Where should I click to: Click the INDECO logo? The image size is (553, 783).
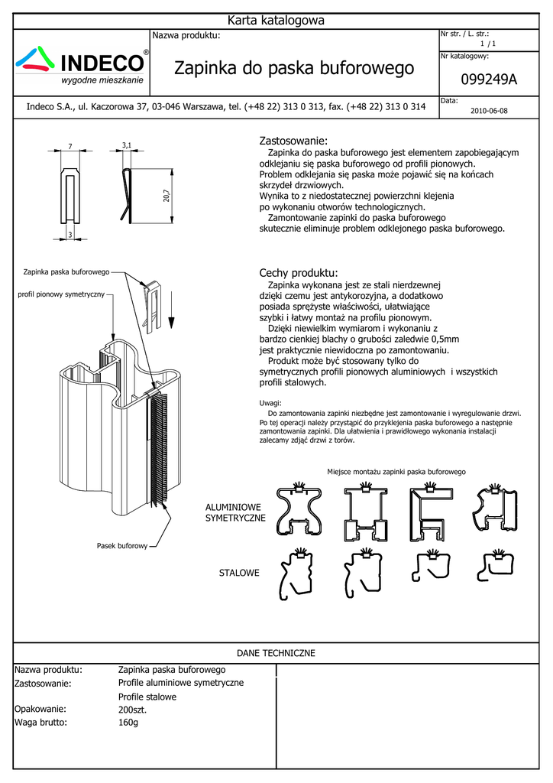pos(83,65)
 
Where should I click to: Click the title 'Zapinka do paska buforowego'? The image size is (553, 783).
pos(294,69)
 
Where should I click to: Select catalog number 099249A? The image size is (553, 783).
pos(489,80)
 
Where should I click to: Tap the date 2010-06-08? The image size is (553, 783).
pos(489,111)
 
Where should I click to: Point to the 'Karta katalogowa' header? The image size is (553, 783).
pos(276,21)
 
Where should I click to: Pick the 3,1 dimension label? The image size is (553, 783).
pos(127,145)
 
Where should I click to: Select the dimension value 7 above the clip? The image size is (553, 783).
pos(70,146)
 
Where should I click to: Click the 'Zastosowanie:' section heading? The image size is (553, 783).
pos(293,141)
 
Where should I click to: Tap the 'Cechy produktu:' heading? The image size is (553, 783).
pos(298,273)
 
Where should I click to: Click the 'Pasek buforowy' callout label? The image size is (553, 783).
pos(121,546)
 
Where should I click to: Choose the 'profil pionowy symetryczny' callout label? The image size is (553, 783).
pos(61,294)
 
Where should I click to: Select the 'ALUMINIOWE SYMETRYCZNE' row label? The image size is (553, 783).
pos(234,512)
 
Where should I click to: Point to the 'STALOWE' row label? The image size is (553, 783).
pos(239,573)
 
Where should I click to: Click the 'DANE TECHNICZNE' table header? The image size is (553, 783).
pos(276,653)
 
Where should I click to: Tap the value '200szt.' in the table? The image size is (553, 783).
pos(132,710)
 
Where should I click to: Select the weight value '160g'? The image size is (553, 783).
pos(128,722)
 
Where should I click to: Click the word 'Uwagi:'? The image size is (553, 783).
pos(270,403)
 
